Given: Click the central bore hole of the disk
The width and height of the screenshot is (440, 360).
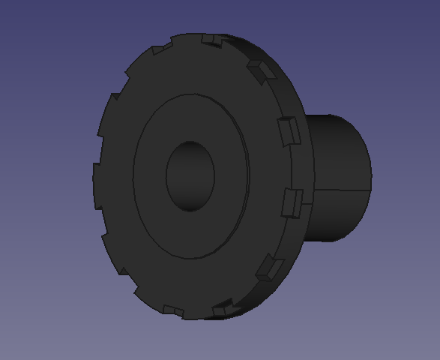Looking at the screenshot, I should tap(190, 176).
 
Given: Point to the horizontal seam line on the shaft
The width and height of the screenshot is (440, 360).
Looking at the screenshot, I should tap(342, 190).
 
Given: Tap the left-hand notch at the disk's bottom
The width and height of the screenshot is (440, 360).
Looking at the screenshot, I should tap(173, 310).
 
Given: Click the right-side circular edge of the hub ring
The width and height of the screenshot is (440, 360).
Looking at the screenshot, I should tap(247, 176).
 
